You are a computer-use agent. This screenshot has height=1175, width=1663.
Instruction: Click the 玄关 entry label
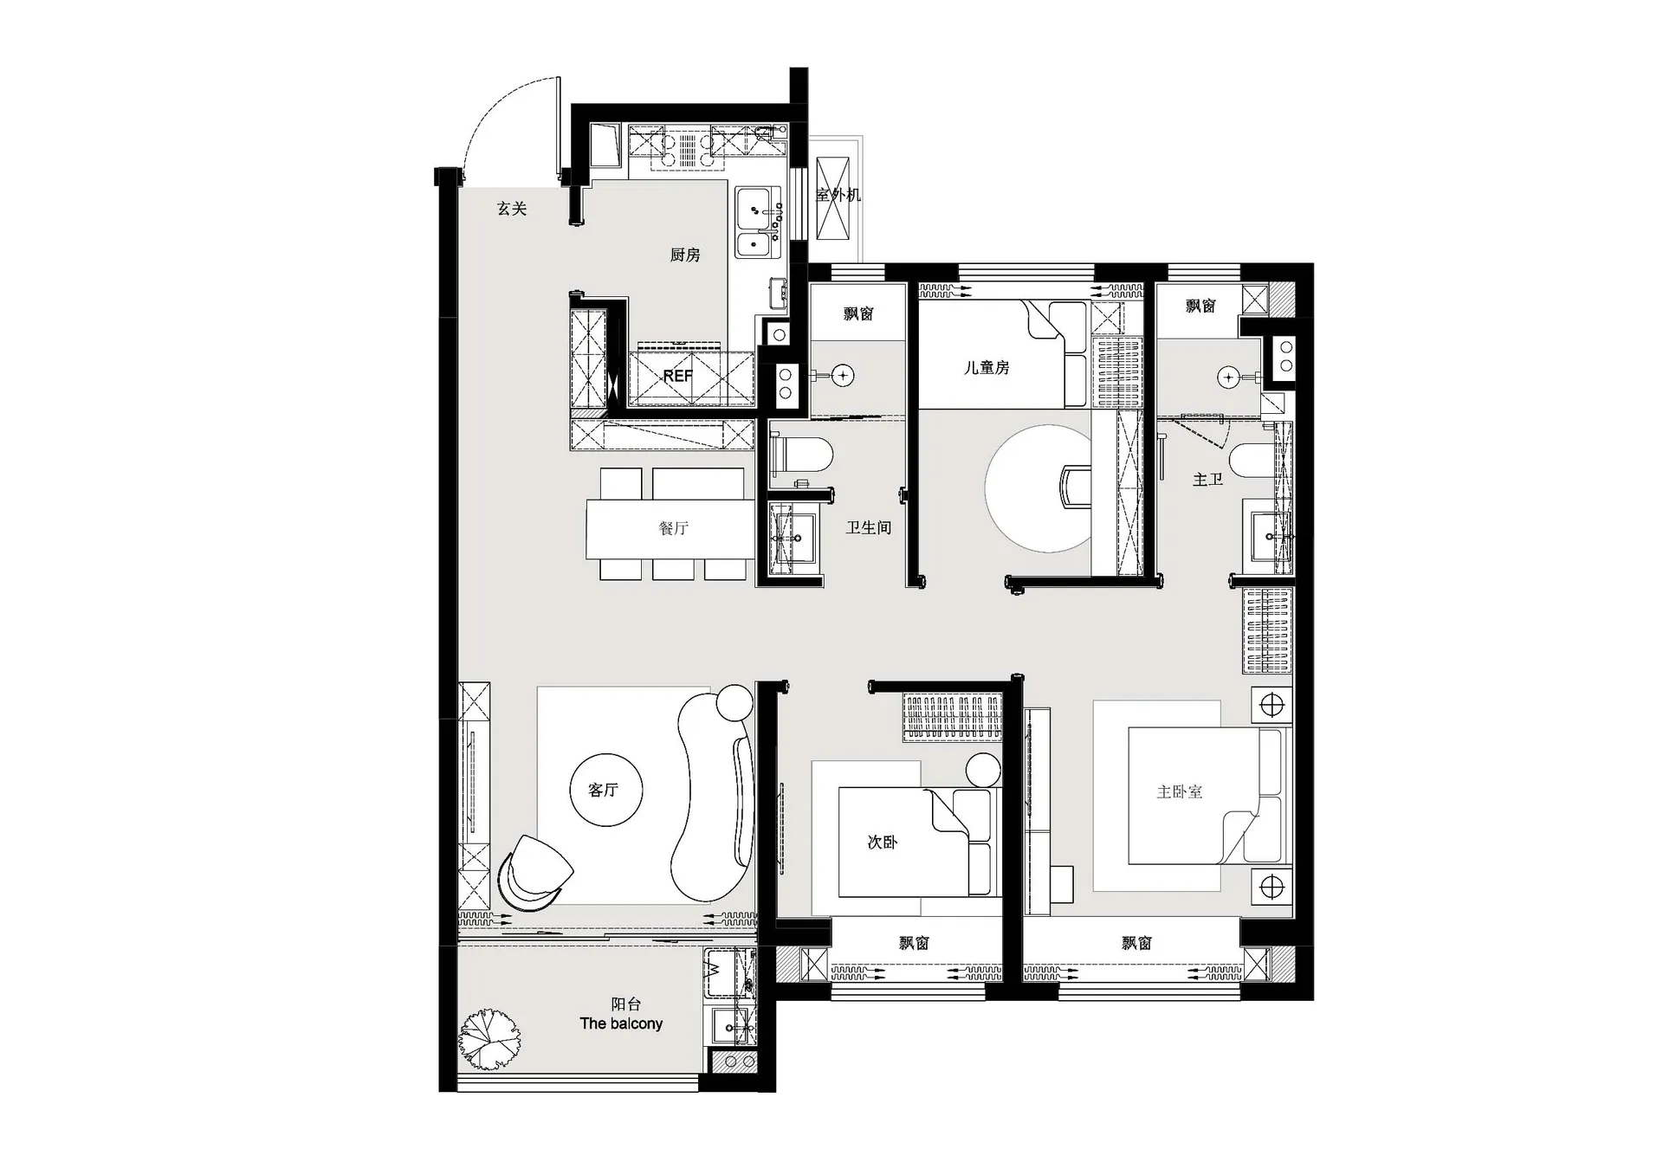click(512, 209)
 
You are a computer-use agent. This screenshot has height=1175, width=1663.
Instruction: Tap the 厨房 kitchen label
click(684, 255)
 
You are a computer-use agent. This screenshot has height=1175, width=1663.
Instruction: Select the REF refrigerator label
click(677, 376)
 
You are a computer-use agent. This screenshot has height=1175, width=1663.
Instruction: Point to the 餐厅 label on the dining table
click(673, 527)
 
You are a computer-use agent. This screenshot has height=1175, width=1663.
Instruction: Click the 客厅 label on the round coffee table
click(603, 790)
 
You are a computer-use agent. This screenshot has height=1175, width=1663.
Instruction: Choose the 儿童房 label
click(987, 367)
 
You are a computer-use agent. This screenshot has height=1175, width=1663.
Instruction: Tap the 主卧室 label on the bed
click(1179, 791)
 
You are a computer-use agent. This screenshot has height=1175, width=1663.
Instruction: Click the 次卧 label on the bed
click(882, 842)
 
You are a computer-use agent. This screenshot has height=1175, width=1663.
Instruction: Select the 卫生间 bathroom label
click(868, 527)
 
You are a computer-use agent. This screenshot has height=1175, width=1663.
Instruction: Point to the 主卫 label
click(1207, 479)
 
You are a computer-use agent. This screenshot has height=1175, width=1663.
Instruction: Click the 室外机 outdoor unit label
click(838, 195)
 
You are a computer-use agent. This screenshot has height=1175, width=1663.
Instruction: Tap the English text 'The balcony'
click(621, 1023)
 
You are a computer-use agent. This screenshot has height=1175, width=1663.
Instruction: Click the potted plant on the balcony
click(489, 1039)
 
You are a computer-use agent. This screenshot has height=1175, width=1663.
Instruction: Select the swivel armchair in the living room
click(534, 873)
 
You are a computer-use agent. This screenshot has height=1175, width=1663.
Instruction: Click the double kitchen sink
click(758, 223)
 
